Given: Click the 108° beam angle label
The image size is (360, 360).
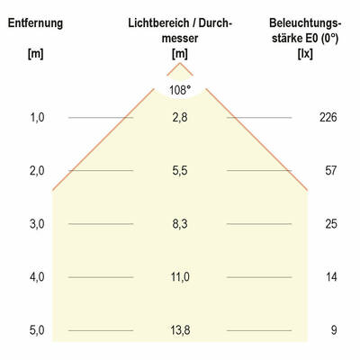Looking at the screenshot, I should pos(180,90).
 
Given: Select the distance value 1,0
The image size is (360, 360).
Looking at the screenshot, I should pos(36,118).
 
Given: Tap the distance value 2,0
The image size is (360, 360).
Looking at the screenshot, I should pos(36,171).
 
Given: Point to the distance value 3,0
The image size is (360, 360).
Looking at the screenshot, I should pos(36,224).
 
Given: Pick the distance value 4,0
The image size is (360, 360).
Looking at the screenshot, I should pos(36,277).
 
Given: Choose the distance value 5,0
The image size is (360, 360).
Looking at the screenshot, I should pos(36,330).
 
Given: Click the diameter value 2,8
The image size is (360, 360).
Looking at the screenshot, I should pos(180,118).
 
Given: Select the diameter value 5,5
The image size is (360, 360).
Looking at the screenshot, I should pos(180,171).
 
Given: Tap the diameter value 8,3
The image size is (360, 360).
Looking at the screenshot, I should pos(180,224).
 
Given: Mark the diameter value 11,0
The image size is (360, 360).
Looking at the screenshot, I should pos(180,277).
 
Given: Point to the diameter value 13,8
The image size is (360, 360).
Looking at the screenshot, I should pos(180,330).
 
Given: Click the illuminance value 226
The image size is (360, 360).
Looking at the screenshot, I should pos(328,118).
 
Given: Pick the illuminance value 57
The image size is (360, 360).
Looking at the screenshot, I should pos(331,171).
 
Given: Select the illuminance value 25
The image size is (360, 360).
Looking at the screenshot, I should pos(331,224).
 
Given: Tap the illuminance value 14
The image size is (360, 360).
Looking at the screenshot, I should pos(331,277).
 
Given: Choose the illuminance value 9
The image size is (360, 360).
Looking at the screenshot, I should pos(333,330).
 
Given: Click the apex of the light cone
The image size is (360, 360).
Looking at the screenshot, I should pos(180,63).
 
